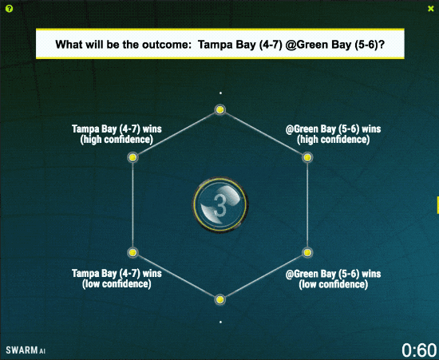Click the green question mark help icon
(9, 9)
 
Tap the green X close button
(431, 9)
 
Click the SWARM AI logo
(26, 350)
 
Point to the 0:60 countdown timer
(419, 350)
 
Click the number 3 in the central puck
(220, 206)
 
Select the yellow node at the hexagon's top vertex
(220, 109)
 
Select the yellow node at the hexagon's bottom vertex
(220, 300)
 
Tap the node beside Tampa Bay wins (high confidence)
(132, 157)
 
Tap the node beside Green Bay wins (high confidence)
(307, 157)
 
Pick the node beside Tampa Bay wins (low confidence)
(132, 252)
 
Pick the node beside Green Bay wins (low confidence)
(307, 252)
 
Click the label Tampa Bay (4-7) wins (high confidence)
(117, 134)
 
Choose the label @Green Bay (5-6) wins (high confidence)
(333, 134)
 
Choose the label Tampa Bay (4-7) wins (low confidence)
(117, 279)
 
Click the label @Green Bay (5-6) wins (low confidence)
(333, 279)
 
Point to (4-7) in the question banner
(271, 45)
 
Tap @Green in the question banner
(302, 45)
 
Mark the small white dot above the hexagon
(220, 93)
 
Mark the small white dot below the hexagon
(220, 322)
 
